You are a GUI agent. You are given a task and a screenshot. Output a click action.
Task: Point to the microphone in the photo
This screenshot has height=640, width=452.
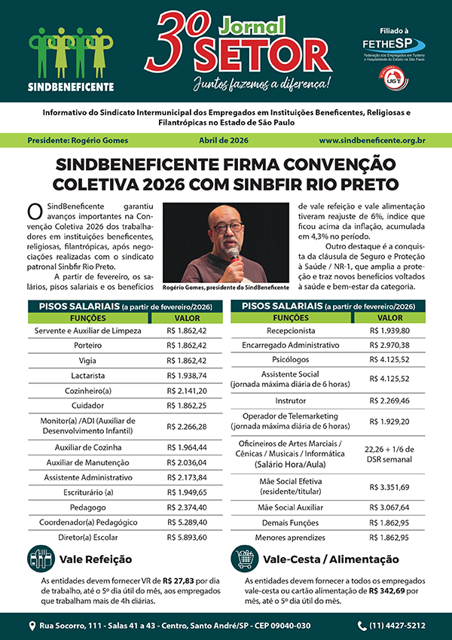(234, 254)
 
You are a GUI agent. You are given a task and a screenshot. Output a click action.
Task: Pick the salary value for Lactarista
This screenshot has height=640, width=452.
(186, 375)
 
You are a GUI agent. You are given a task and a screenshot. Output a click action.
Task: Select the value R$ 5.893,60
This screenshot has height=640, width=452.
(186, 538)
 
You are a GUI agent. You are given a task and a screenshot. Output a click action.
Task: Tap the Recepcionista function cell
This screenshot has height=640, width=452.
(291, 331)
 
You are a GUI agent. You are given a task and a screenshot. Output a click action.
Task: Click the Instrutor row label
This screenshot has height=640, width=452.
(291, 400)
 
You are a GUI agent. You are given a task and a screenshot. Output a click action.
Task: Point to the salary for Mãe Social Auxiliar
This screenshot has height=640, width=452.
(389, 507)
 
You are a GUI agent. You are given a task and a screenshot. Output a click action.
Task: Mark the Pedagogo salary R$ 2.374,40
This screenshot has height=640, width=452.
(186, 507)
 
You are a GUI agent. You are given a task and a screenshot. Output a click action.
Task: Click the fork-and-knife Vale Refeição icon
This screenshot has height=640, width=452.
(41, 559)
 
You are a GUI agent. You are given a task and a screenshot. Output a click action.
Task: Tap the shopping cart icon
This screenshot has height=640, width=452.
(243, 559)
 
